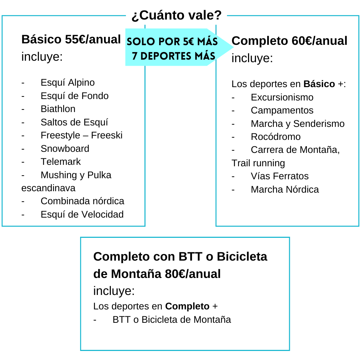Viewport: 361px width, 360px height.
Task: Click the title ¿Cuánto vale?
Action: pos(177,16)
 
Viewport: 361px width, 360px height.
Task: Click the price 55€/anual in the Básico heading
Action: pos(93,39)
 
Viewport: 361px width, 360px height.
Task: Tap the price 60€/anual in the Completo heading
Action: pos(319,41)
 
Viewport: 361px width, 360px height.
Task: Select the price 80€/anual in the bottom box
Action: pos(193,274)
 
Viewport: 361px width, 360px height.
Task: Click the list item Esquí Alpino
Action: pos(68,82)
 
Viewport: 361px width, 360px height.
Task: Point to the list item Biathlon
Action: pos(58,109)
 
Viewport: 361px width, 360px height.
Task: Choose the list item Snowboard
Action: pos(65,149)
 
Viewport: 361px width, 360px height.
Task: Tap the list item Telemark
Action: pos(61,162)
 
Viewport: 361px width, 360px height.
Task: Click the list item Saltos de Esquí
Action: pos(74,123)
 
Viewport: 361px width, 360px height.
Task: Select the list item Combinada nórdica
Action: pos(82,201)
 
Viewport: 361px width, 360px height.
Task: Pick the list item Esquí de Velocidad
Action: pos(82,214)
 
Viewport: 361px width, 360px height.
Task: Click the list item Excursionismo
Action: pos(282,97)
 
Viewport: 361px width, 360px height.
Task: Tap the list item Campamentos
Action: pos(282,110)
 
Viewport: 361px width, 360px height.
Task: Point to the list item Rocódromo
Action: pos(275,137)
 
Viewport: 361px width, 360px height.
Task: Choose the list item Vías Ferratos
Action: pos(279,176)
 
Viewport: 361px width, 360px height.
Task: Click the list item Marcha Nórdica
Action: pos(285,189)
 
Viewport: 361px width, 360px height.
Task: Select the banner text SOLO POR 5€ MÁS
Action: pos(172,42)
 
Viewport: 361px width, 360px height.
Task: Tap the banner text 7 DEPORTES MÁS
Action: pos(174,56)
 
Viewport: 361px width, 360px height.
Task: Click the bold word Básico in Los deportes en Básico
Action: pos(319,84)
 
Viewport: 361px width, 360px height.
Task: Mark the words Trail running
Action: pos(258,163)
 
